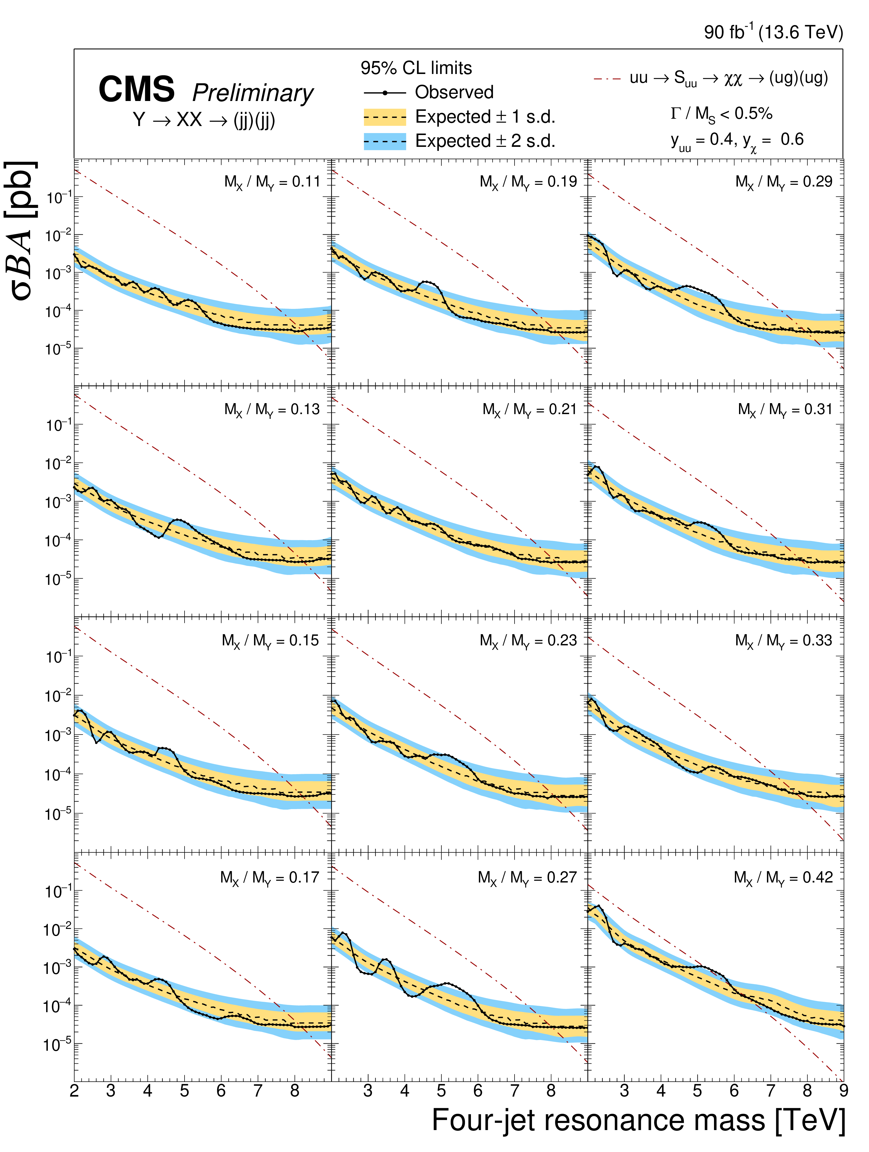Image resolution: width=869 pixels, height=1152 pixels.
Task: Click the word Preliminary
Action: pos(253,93)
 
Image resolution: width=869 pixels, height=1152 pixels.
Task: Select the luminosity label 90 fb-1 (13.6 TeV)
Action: pos(773,32)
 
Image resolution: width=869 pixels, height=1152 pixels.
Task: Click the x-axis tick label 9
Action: pos(843,1090)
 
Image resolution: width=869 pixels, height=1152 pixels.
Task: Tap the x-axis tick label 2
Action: pos(75,1090)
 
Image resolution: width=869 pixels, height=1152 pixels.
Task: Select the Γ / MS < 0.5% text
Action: pos(721,114)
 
